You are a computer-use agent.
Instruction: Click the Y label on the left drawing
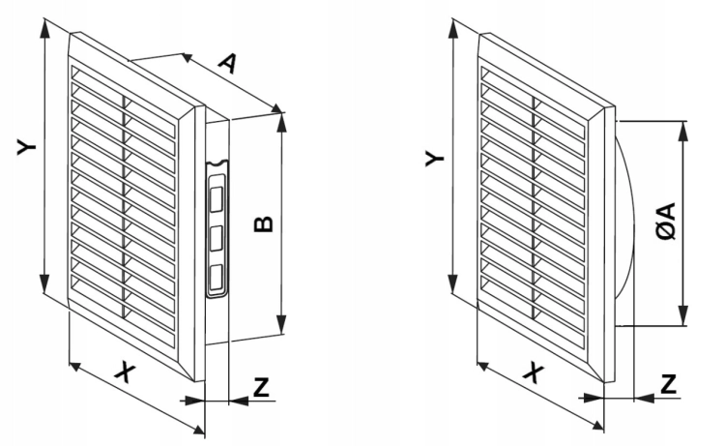click(x=27, y=147)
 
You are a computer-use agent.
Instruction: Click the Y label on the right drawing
click(x=434, y=159)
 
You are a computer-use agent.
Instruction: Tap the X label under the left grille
click(x=126, y=372)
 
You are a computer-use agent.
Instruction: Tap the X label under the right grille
click(x=534, y=372)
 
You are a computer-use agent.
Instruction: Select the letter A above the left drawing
click(x=228, y=64)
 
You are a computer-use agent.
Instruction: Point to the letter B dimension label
click(x=264, y=224)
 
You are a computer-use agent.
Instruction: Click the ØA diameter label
click(x=666, y=221)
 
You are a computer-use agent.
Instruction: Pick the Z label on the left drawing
click(x=261, y=386)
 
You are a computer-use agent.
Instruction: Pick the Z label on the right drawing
click(x=669, y=383)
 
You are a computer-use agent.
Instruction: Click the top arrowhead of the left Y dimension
click(x=44, y=29)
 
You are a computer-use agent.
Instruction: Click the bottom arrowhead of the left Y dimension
click(x=44, y=283)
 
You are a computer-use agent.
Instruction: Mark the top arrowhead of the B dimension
click(x=281, y=122)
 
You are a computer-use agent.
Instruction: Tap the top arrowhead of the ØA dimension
click(x=682, y=131)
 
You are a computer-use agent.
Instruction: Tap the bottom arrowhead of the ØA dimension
click(x=682, y=315)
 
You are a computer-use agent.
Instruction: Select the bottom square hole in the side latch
click(x=217, y=279)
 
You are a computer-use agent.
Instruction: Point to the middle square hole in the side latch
click(x=217, y=239)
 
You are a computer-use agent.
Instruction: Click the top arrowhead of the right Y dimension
click(x=453, y=30)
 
